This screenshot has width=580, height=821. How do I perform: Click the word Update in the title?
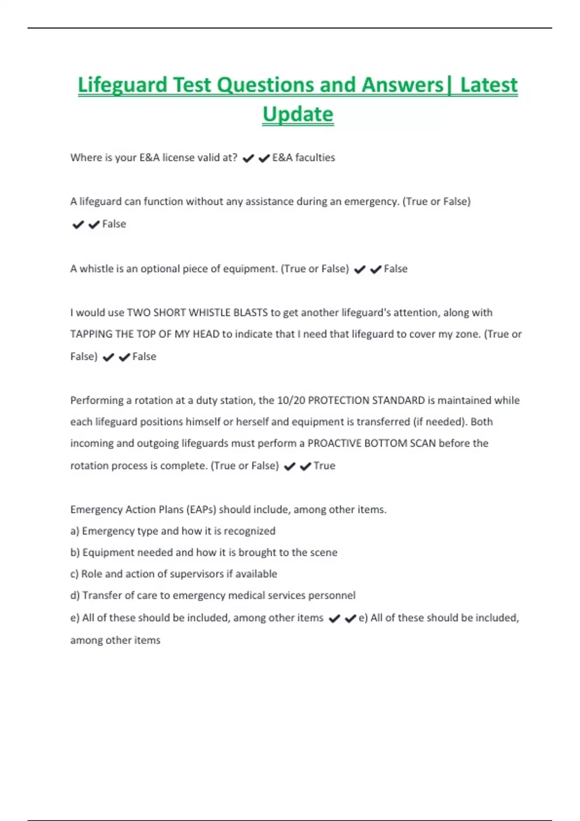pyautogui.click(x=298, y=114)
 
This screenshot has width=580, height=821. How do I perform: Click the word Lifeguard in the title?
pyautogui.click(x=122, y=85)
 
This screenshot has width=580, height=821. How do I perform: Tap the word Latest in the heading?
pyautogui.click(x=489, y=85)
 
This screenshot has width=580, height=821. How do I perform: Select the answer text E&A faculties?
pyautogui.click(x=304, y=157)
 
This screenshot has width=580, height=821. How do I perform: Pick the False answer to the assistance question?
pyautogui.click(x=114, y=224)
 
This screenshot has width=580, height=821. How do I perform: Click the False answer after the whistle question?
pyautogui.click(x=395, y=269)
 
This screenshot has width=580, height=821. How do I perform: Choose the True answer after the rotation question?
pyautogui.click(x=324, y=466)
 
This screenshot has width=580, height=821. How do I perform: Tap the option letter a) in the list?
pyautogui.click(x=74, y=531)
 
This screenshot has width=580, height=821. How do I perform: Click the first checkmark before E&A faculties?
pyautogui.click(x=248, y=158)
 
